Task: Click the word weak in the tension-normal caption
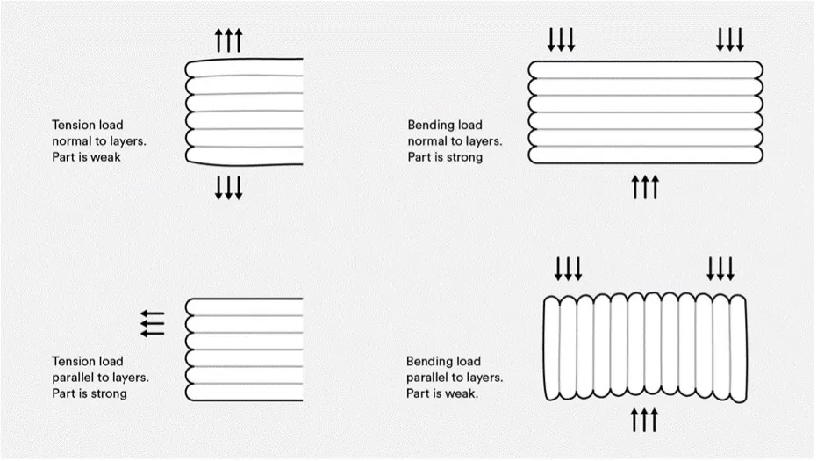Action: tap(106, 157)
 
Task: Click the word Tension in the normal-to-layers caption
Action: tap(88, 126)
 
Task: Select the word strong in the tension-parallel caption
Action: tap(108, 393)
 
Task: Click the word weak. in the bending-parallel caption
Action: tap(461, 393)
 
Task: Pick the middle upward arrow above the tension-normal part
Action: tap(229, 40)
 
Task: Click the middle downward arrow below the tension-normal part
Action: tap(229, 188)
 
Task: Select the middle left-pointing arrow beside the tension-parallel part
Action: tap(152, 323)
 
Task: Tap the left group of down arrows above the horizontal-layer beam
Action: tap(561, 40)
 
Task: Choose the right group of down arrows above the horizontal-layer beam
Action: tap(730, 40)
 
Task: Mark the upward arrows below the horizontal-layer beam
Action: tap(646, 187)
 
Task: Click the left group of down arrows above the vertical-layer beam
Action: tap(568, 269)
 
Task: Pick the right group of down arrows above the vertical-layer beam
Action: tap(720, 269)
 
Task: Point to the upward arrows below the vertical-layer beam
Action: tap(644, 421)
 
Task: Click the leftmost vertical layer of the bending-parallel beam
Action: tap(552, 349)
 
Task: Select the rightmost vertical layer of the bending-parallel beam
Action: tap(738, 349)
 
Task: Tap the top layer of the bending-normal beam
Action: tap(646, 70)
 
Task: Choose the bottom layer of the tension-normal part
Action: tap(244, 156)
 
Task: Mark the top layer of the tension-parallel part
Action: tap(244, 306)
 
